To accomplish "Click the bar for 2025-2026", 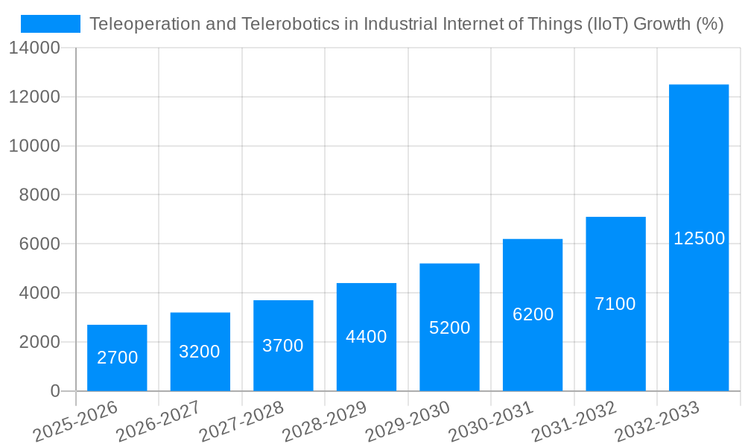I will coord(117,358).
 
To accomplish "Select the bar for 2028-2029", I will coord(367,337).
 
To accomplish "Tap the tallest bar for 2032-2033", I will coord(699,238).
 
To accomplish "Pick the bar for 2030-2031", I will coord(533,314).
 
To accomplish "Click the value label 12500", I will coord(699,238).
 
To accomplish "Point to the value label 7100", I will coord(615,304).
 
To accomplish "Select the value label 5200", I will coord(449,328).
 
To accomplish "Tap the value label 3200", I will coord(200,352).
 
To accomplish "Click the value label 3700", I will coord(283,346).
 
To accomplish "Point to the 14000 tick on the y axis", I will coord(34,48).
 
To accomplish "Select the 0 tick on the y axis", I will coord(55,391).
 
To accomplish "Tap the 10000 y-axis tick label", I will coord(34,146).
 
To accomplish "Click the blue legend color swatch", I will coord(51,24).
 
